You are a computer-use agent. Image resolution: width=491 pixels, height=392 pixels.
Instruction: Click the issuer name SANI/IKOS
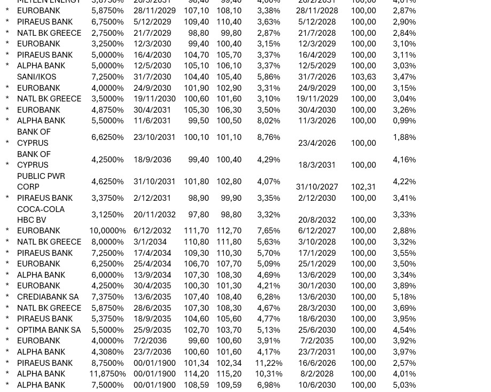(x=36, y=77)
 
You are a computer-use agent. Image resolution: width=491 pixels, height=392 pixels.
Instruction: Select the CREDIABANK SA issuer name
(x=48, y=297)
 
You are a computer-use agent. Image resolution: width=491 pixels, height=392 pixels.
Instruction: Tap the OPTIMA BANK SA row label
(x=49, y=330)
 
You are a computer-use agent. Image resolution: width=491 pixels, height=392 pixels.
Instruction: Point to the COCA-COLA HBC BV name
(x=41, y=214)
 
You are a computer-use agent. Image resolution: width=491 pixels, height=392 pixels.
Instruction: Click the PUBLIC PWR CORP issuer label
(x=41, y=181)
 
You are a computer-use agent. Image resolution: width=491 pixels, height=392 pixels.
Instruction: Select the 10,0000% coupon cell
(x=107, y=231)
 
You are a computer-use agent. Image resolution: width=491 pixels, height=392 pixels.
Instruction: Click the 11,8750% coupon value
(x=107, y=374)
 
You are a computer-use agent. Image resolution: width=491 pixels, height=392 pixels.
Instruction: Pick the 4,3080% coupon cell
(x=107, y=352)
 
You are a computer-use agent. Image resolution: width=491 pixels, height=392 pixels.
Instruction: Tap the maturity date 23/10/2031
(x=154, y=137)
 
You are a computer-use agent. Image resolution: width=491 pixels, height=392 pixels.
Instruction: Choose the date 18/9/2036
(x=152, y=159)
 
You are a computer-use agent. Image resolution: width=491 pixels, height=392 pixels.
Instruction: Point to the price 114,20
(x=196, y=374)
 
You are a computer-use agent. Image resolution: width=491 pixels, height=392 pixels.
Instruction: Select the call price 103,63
(x=363, y=77)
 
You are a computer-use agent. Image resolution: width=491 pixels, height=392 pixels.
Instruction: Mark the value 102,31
(x=363, y=187)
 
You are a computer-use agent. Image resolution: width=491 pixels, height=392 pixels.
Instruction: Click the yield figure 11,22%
(x=268, y=363)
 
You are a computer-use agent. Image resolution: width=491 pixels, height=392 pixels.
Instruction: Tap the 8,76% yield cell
(x=268, y=137)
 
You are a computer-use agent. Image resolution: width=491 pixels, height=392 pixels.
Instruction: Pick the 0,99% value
(x=404, y=121)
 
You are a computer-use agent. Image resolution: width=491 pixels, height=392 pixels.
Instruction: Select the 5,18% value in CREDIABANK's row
(x=404, y=297)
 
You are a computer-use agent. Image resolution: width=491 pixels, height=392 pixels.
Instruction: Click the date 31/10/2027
(x=317, y=187)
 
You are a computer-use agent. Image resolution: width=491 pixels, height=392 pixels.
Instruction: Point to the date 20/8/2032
(x=317, y=220)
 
